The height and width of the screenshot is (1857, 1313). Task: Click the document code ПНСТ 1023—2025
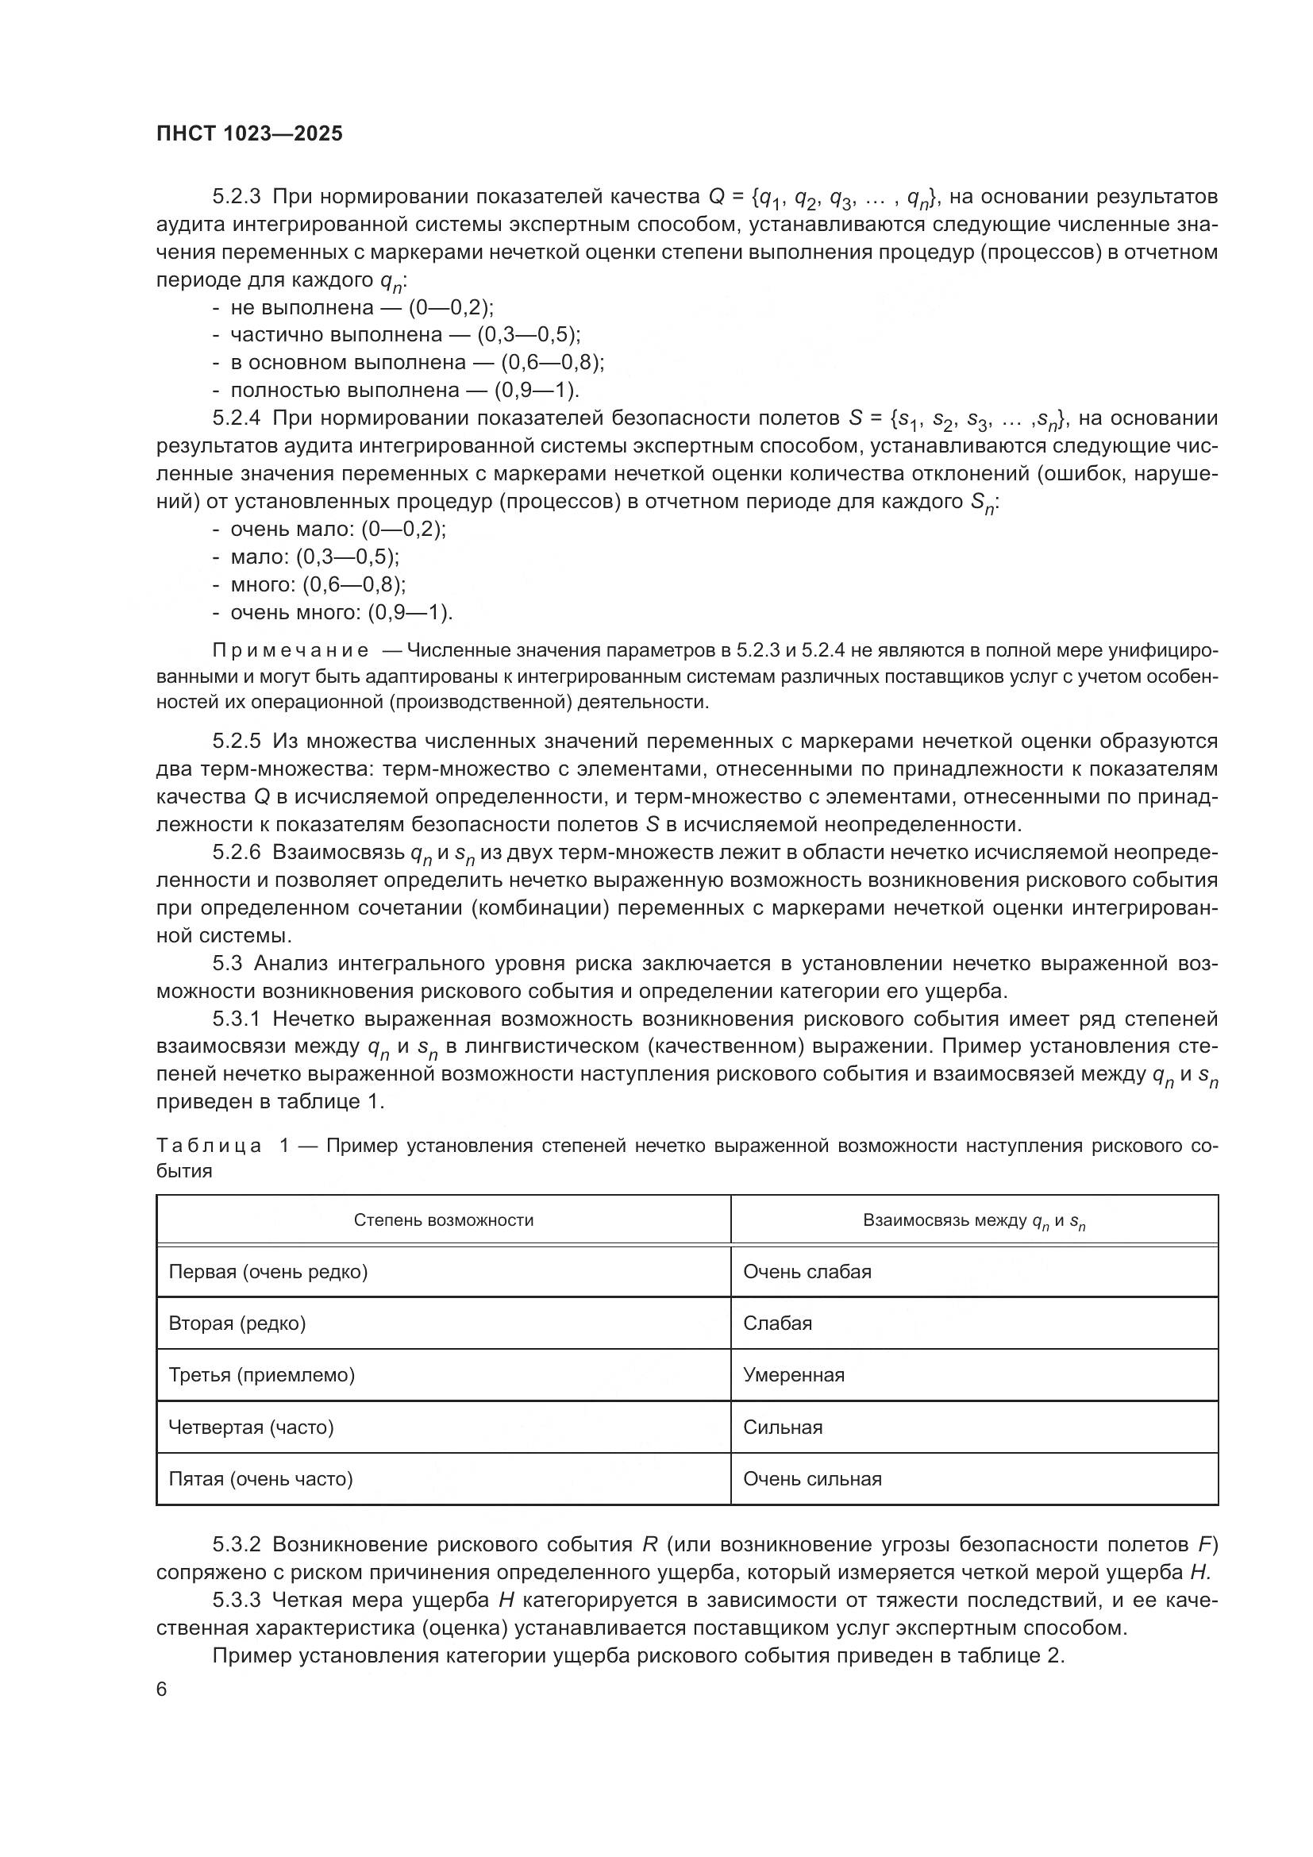pos(249,134)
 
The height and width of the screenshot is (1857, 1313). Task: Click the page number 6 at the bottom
pos(162,1690)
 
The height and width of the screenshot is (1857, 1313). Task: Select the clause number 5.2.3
pos(236,197)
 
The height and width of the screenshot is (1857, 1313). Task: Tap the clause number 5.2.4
pos(236,418)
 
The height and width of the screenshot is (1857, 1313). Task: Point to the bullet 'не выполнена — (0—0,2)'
pos(353,307)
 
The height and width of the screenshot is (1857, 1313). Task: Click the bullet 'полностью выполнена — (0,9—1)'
pos(396,391)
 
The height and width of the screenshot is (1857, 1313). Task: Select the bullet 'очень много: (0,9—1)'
pos(333,613)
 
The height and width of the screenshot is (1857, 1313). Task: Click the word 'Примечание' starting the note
pos(291,651)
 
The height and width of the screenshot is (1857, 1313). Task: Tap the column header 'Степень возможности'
pos(443,1220)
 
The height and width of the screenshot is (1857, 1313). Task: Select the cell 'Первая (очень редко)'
pos(268,1272)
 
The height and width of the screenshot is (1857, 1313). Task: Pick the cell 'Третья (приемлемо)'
pos(261,1376)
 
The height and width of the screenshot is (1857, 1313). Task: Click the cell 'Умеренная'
pos(793,1376)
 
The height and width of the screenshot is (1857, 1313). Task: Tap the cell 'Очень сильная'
pos(812,1479)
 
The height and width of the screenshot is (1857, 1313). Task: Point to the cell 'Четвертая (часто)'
pos(251,1427)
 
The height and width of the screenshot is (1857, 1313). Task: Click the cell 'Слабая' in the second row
pos(777,1324)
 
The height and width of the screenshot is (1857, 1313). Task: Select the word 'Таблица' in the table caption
pos(209,1146)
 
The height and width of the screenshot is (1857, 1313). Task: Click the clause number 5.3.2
pos(236,1545)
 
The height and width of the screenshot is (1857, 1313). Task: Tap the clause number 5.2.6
pos(236,853)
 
